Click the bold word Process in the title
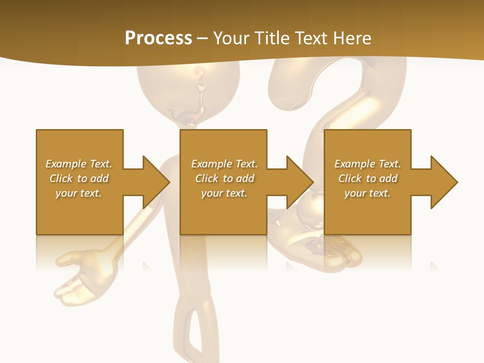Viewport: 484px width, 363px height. click(x=158, y=38)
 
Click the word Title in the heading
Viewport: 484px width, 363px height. click(x=272, y=38)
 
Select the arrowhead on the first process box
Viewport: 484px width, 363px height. click(x=156, y=182)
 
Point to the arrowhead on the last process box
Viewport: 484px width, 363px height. click(x=444, y=182)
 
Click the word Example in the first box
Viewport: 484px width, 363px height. click(x=66, y=164)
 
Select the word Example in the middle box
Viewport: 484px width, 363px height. click(x=211, y=164)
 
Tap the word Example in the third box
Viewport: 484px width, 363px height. click(x=354, y=164)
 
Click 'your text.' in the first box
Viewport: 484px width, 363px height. click(x=79, y=193)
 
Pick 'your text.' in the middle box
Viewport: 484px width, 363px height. click(x=224, y=193)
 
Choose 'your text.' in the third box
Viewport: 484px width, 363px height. click(x=368, y=193)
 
